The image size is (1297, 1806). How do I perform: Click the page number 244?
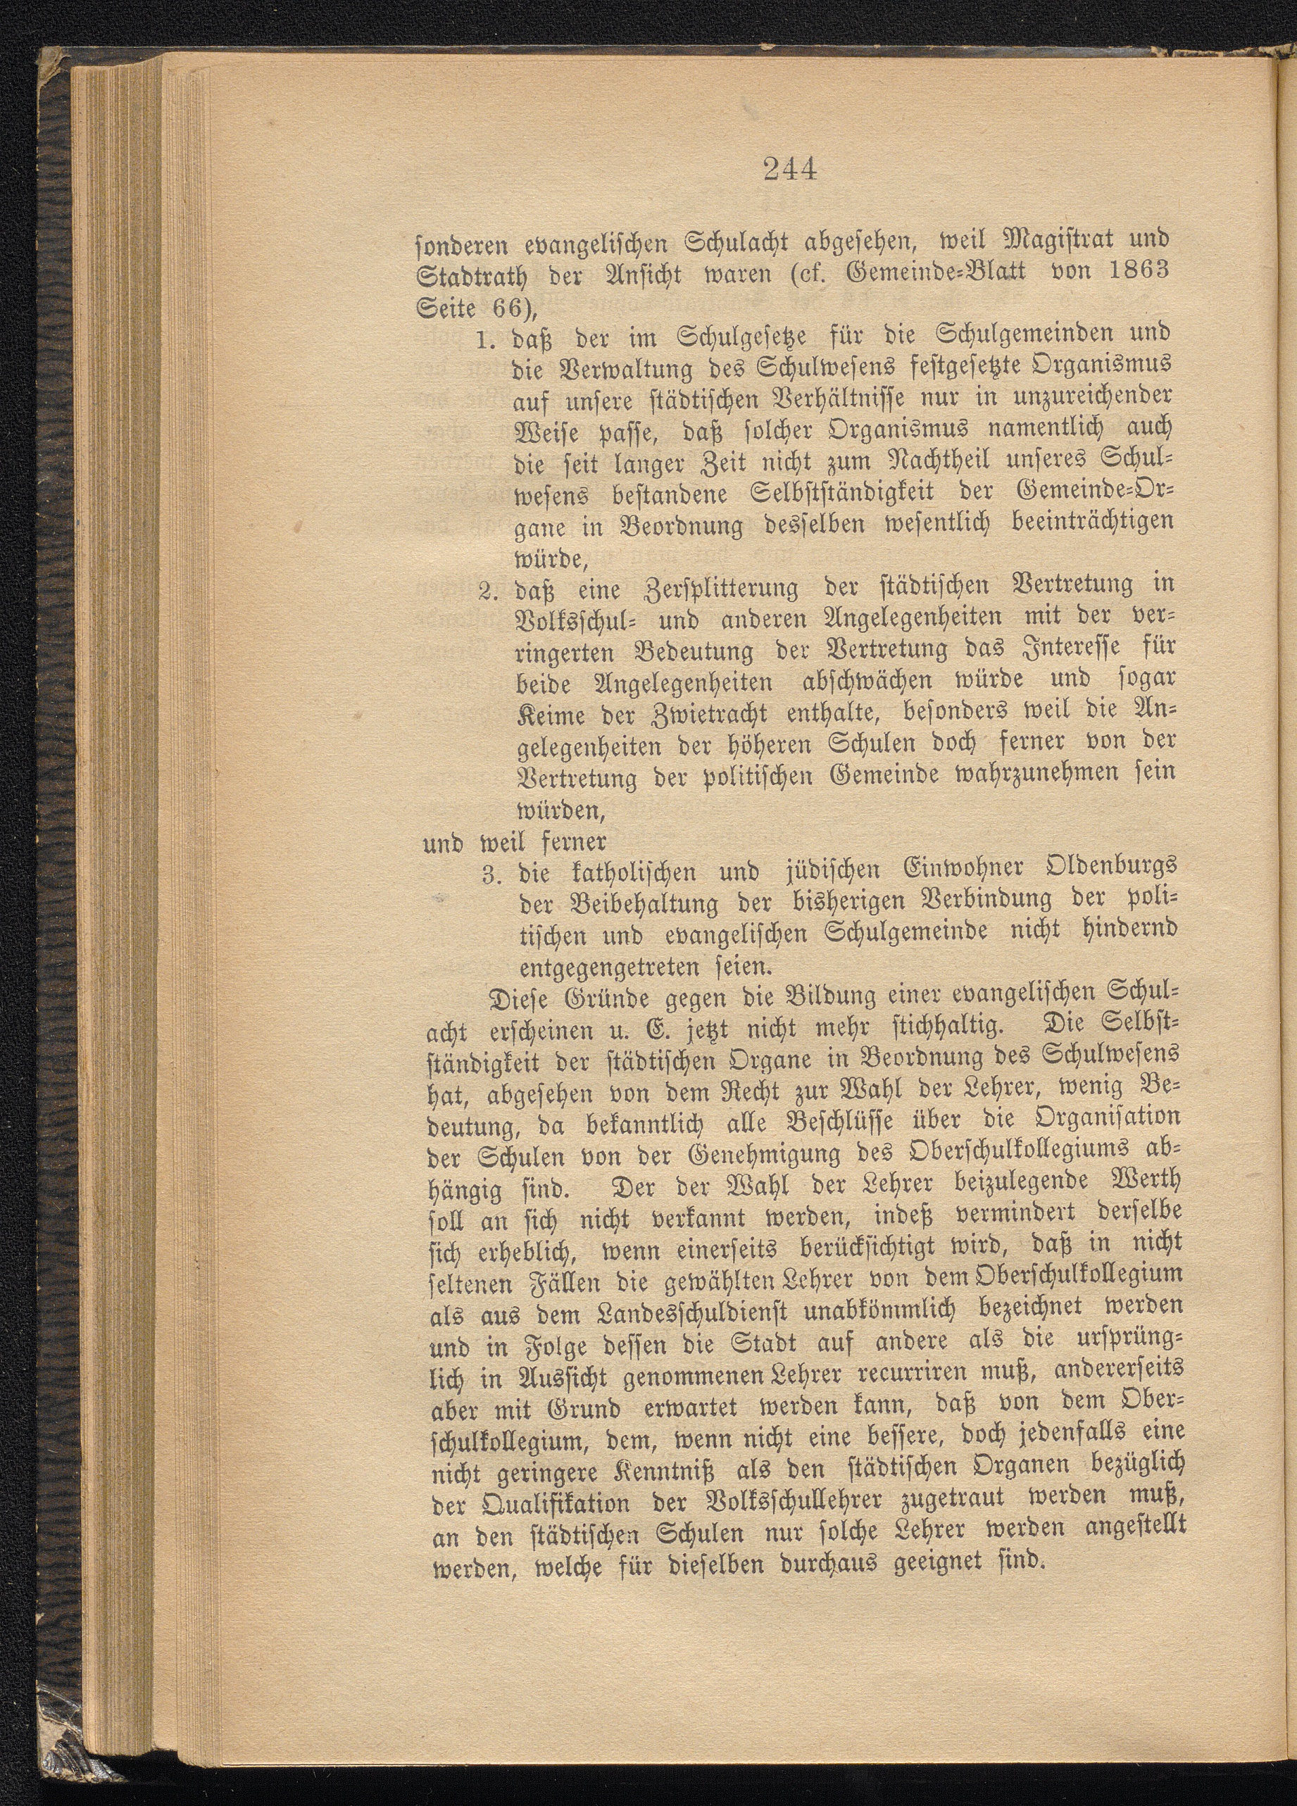(x=791, y=170)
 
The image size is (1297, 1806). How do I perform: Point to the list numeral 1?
(x=488, y=341)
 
